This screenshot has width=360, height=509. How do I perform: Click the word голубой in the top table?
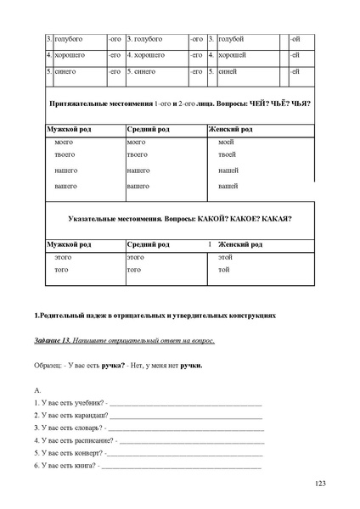232,39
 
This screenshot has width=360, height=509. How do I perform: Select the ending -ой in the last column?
294,39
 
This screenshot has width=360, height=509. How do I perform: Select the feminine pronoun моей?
226,142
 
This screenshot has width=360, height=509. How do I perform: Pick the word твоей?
227,155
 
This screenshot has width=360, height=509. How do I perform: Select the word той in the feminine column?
223,270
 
